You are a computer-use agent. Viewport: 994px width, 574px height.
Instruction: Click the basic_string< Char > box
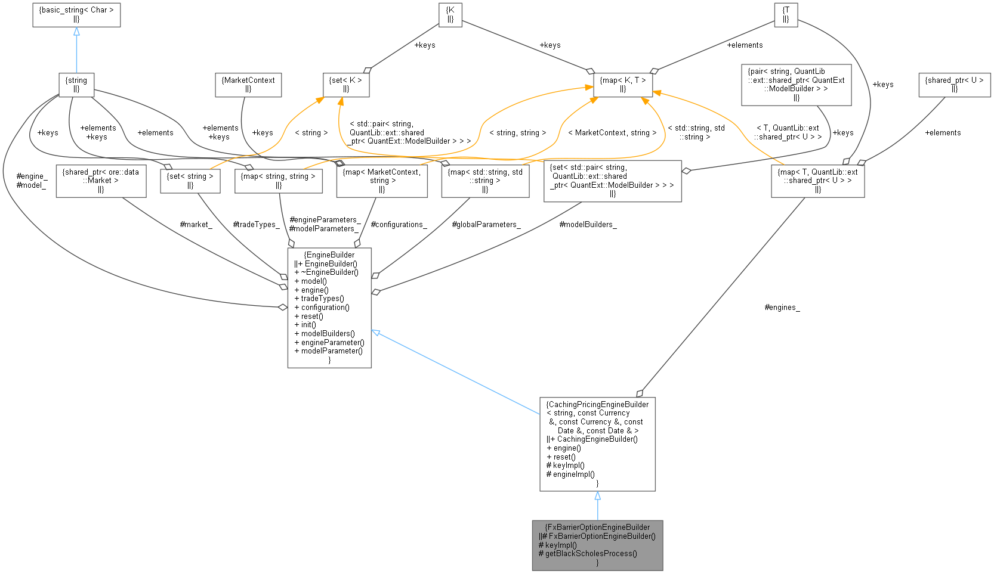[76, 14]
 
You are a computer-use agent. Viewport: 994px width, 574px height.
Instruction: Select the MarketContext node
[248, 85]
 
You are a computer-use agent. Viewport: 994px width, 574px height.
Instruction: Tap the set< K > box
[346, 85]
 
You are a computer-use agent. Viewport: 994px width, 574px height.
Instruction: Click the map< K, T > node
[623, 85]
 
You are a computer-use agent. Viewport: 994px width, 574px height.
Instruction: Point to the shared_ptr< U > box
[954, 85]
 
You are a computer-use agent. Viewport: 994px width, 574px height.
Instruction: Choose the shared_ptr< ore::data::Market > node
[101, 181]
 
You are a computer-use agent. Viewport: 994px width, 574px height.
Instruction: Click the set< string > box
[190, 181]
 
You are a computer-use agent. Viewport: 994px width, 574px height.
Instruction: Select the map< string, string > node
[279, 181]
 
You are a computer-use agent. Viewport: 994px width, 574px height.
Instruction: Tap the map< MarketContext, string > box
[382, 181]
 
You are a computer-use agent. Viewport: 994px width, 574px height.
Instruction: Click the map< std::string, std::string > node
[485, 181]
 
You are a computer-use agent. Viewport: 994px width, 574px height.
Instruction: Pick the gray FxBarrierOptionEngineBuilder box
[597, 545]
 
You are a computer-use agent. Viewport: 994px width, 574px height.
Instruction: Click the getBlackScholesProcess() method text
[591, 553]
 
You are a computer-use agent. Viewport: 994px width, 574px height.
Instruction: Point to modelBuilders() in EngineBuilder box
[328, 334]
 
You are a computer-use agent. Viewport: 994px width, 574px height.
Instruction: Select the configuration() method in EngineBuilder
[325, 308]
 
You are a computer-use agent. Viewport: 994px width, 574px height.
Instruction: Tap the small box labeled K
[450, 14]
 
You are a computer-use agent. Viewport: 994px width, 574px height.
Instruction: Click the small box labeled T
[786, 14]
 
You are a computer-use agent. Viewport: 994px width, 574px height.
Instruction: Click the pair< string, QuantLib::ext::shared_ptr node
[796, 85]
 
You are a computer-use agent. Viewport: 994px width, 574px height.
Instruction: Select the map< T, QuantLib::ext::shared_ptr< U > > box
[817, 181]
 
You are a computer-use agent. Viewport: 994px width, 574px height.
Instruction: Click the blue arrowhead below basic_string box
[76, 32]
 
